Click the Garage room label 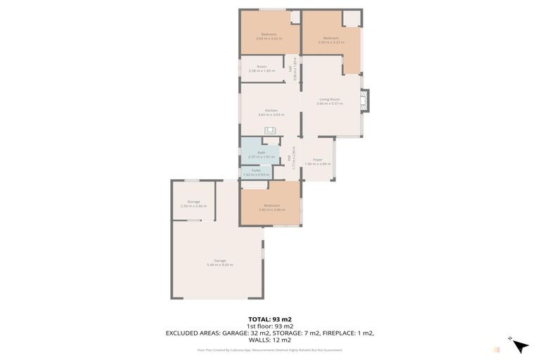219,260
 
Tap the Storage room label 193,202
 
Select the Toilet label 256,170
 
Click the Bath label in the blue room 261,152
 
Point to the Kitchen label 271,110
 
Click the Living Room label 329,99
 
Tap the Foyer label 318,160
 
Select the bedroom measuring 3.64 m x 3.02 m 269,34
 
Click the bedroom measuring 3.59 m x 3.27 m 330,38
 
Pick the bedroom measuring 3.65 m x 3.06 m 271,205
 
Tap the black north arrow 520,346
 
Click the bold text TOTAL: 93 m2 270,319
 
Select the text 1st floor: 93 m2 270,326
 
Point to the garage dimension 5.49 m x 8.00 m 219,264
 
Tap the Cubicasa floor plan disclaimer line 270,349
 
